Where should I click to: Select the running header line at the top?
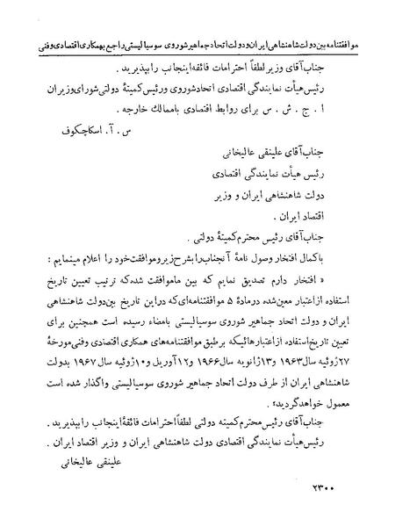coord(208,41)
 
